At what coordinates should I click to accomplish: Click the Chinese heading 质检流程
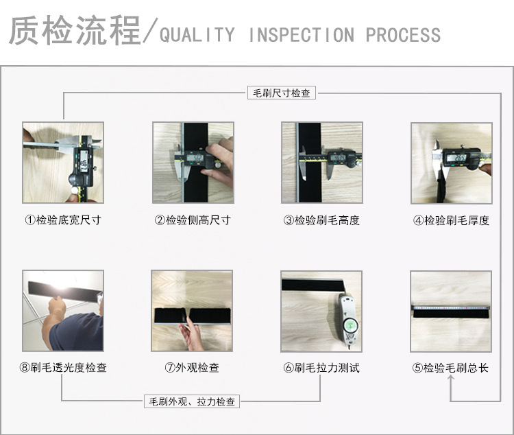click(74, 32)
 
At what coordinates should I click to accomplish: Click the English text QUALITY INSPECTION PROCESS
click(300, 35)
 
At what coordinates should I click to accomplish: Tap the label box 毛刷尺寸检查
click(281, 93)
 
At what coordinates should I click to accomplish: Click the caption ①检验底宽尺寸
click(63, 220)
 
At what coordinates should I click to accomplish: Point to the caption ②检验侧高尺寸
click(193, 220)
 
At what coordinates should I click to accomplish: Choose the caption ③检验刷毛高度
click(321, 220)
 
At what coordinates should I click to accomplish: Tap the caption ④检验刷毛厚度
click(451, 220)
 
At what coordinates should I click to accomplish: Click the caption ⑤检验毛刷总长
click(451, 368)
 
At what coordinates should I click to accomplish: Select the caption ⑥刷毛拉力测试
click(321, 368)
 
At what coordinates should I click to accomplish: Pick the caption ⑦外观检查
click(193, 368)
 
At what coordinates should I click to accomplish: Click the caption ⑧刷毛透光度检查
click(63, 368)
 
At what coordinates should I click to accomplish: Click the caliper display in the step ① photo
click(83, 165)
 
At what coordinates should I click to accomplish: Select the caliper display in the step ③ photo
click(338, 158)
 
